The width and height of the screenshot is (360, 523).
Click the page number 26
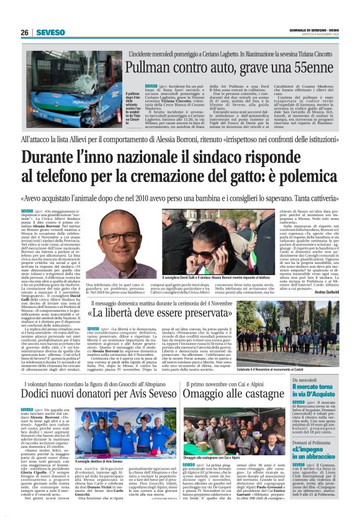pyautogui.click(x=24, y=32)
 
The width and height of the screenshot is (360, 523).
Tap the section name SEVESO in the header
pyautogui.click(x=50, y=32)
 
